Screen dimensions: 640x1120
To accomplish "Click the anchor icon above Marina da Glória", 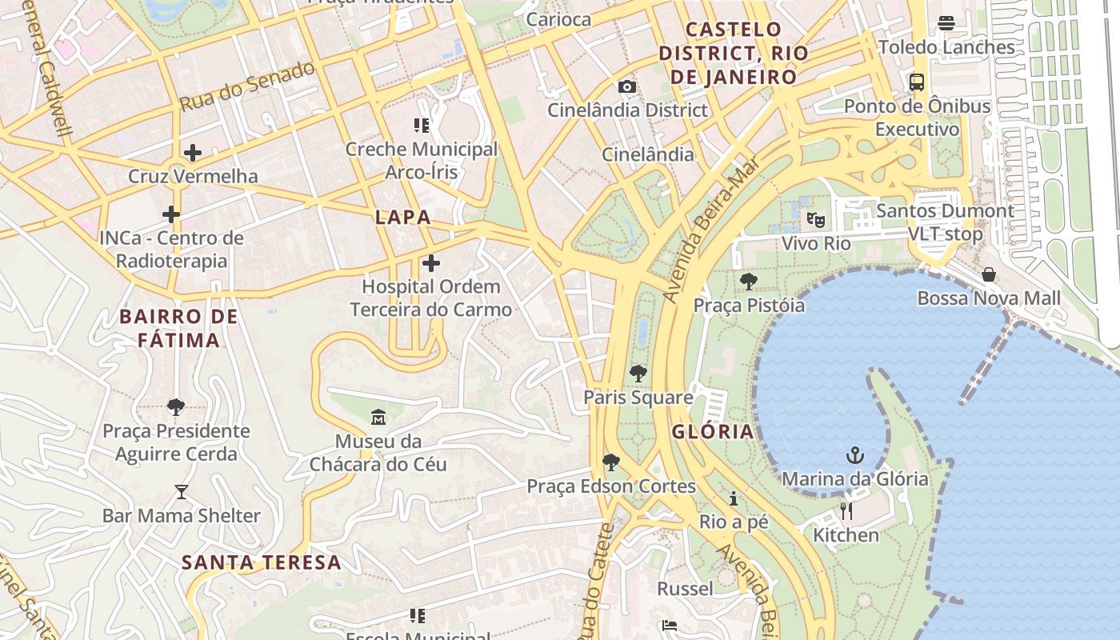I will pyautogui.click(x=855, y=456).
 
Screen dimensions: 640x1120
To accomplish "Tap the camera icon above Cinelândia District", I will pyautogui.click(x=627, y=86).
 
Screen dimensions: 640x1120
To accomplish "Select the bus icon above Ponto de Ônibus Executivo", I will pyautogui.click(x=917, y=82).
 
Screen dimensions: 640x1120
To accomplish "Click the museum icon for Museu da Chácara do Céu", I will pyautogui.click(x=378, y=417).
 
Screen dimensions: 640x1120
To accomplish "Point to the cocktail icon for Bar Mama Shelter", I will pyautogui.click(x=182, y=492).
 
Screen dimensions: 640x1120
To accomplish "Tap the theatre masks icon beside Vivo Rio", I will pyautogui.click(x=815, y=219).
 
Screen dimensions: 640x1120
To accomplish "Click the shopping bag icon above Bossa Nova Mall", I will pyautogui.click(x=989, y=274).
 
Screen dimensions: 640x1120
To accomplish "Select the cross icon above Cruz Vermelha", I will pyautogui.click(x=193, y=153).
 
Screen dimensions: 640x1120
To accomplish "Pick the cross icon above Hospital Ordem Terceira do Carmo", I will pyautogui.click(x=431, y=263).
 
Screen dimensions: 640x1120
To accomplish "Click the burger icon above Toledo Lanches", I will pyautogui.click(x=946, y=23).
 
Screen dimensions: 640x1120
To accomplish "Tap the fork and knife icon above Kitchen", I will pyautogui.click(x=846, y=510).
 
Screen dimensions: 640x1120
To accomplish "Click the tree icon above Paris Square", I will pyautogui.click(x=638, y=373).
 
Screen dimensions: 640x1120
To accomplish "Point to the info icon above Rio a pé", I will pyautogui.click(x=734, y=499).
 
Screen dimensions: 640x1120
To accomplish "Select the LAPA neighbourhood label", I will pyautogui.click(x=403, y=217).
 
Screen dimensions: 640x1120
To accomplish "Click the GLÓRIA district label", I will pyautogui.click(x=713, y=432).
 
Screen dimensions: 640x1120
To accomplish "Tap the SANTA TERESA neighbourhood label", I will pyautogui.click(x=262, y=562).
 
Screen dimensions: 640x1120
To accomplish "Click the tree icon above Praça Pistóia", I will pyautogui.click(x=749, y=281).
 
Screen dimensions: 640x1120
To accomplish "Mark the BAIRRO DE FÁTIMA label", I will pyautogui.click(x=178, y=328).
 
